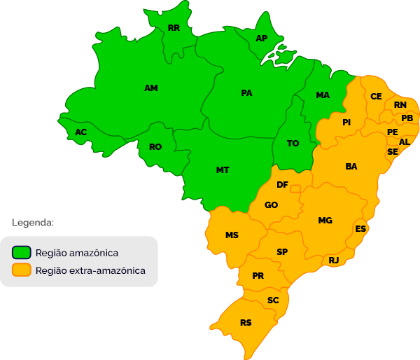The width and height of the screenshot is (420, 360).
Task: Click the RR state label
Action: pyautogui.click(x=174, y=29)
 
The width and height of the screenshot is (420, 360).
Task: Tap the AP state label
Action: pyautogui.click(x=262, y=39)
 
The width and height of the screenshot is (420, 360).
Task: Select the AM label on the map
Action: pyautogui.click(x=151, y=88)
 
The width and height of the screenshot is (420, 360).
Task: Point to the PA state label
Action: pyautogui.click(x=246, y=93)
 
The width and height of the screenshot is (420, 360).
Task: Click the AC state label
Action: pyautogui.click(x=81, y=132)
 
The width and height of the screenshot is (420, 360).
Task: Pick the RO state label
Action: pyautogui.click(x=155, y=147)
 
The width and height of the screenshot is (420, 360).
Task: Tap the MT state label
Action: pyautogui.click(x=223, y=170)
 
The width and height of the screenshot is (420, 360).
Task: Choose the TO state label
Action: pyautogui.click(x=293, y=144)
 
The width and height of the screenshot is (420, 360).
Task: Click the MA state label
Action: pyautogui.click(x=323, y=95)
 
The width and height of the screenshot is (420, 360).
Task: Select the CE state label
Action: pyautogui.click(x=376, y=97)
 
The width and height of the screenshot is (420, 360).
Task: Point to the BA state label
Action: pyautogui.click(x=351, y=167)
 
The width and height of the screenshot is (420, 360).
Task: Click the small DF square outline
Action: pyautogui.click(x=295, y=188)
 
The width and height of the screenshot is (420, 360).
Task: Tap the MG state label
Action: pyautogui.click(x=325, y=221)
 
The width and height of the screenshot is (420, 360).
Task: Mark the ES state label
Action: pyautogui.click(x=360, y=229)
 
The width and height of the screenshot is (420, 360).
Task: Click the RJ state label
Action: pyautogui.click(x=334, y=261)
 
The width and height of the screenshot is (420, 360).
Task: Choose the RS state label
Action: pyautogui.click(x=246, y=323)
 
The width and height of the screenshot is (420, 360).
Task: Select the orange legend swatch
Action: pyautogui.click(x=22, y=270)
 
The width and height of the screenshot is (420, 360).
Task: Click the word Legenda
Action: pyautogui.click(x=33, y=223)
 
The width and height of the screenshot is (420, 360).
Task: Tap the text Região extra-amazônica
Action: pyautogui.click(x=90, y=270)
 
